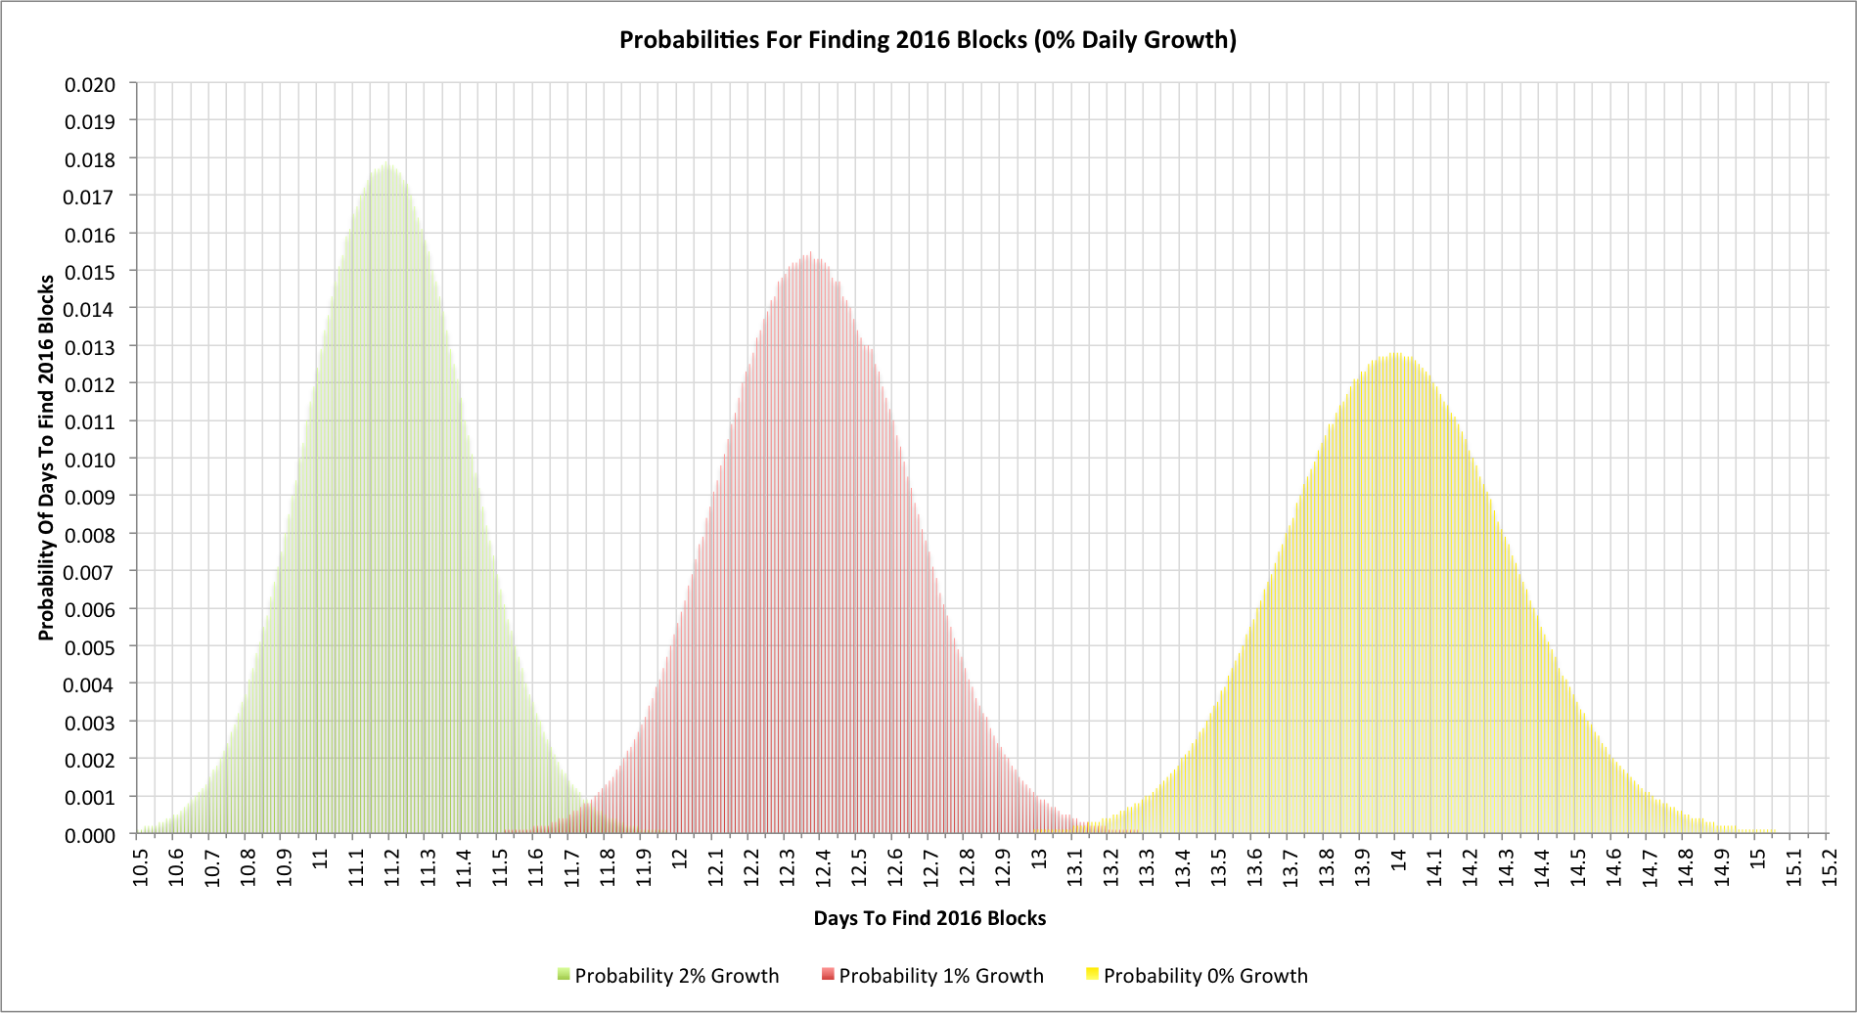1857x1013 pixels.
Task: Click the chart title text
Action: pos(928,40)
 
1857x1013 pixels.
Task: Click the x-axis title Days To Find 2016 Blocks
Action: pos(929,918)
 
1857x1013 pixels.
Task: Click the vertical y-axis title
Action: pos(46,458)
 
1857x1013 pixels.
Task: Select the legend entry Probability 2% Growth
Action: pos(676,976)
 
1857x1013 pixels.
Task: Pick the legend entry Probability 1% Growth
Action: pos(940,976)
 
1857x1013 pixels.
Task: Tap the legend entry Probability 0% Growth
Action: pos(1204,976)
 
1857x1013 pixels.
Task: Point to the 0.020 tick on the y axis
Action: pos(90,84)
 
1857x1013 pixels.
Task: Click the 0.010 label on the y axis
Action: pos(90,460)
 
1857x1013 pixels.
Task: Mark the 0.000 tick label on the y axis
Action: pos(90,835)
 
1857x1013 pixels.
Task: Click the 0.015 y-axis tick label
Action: pos(90,272)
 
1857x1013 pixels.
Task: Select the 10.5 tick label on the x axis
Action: pos(141,864)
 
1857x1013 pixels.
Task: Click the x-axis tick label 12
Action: pos(680,858)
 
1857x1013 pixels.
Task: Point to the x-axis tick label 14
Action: pos(1399,858)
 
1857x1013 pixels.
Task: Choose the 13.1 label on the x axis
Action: pos(1075,864)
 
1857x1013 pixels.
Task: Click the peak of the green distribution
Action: pos(387,164)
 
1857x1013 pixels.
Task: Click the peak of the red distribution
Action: pos(809,254)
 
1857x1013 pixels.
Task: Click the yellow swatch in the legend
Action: pos(1092,974)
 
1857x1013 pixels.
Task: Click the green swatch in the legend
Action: pos(564,974)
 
